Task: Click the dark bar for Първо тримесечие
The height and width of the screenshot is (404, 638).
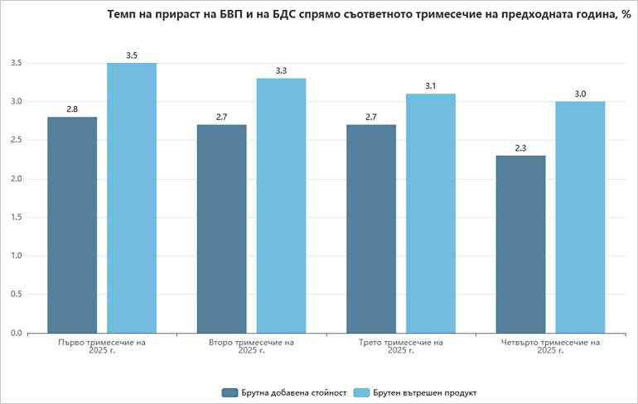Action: click(x=72, y=224)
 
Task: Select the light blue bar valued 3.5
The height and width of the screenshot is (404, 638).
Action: click(x=132, y=198)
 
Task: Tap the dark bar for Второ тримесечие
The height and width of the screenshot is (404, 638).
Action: click(x=221, y=228)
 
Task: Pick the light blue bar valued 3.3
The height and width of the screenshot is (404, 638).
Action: click(x=281, y=205)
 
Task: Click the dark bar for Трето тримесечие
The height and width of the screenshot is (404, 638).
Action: click(x=370, y=228)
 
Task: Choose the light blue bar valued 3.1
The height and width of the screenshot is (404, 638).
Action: click(x=430, y=213)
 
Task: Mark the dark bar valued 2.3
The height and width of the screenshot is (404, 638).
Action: click(x=520, y=244)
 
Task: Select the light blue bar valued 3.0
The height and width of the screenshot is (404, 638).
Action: click(x=580, y=217)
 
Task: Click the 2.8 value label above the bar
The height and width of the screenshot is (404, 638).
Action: click(x=72, y=109)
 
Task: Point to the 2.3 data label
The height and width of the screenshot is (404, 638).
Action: click(x=520, y=148)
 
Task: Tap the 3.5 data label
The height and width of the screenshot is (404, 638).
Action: click(x=132, y=55)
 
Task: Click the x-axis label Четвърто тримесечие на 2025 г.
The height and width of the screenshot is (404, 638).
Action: click(x=550, y=346)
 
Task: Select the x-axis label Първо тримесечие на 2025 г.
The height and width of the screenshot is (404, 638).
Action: click(x=102, y=346)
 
